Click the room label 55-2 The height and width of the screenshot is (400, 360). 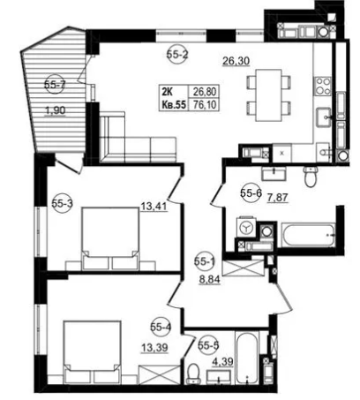pos(177,54)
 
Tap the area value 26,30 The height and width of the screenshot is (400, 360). pos(236,61)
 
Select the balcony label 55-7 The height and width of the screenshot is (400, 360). pos(55,85)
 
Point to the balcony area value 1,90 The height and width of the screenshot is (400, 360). pos(55,110)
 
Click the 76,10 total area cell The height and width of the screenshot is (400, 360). pos(205,104)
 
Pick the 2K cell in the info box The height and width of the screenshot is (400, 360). pos(167,92)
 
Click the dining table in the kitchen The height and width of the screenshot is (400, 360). pos(269,95)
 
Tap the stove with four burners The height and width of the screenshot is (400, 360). pos(323,87)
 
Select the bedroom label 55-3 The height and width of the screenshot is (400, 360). pos(63,203)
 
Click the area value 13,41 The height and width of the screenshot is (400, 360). pos(154,207)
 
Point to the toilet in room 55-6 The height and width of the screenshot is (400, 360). pos(311,177)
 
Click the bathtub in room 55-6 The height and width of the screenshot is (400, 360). pos(308,235)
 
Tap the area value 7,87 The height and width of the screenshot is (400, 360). pos(277,198)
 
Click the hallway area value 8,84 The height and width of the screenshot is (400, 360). pos(210,280)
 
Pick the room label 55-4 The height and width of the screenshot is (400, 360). pos(161,327)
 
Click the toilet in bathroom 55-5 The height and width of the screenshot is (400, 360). pos(193,374)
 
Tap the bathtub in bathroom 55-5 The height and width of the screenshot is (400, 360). pos(249,358)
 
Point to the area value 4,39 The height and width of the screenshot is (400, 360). pos(222,361)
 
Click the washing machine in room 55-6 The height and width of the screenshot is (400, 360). pos(246,227)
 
